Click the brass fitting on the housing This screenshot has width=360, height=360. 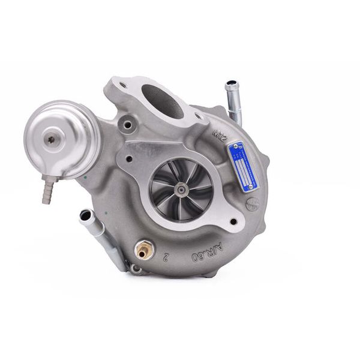coord(143,250)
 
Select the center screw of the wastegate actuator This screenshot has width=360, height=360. coord(52,139)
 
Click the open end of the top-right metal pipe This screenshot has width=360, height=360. coord(230,86)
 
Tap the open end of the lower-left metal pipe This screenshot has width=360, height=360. coord(86,214)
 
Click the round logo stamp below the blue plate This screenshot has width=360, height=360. coord(251,203)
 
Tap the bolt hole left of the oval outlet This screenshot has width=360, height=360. coord(123,86)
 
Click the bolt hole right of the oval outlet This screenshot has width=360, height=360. coord(198,116)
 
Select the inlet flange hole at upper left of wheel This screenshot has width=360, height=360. coord(129,159)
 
